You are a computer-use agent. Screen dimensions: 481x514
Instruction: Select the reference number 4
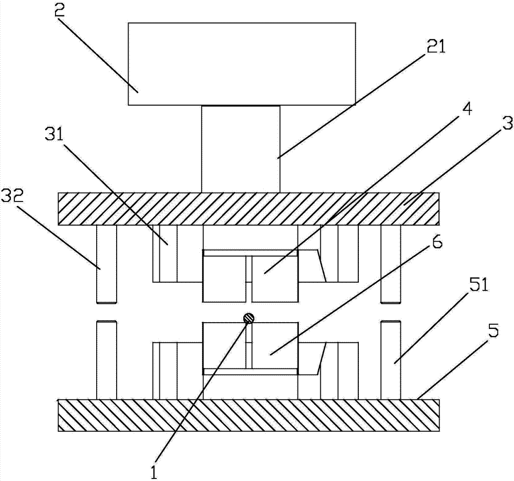point(467,110)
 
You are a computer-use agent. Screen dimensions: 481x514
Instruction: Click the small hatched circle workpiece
point(249,319)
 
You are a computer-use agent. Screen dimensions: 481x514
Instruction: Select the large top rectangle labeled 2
point(242,64)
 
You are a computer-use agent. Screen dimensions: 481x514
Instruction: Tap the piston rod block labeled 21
point(241,149)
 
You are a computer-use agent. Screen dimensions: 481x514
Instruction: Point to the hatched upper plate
point(248,209)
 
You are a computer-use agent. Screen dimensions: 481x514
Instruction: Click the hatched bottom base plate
point(248,415)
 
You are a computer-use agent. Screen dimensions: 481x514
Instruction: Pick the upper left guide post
point(106,264)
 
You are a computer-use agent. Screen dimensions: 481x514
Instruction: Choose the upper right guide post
point(390,264)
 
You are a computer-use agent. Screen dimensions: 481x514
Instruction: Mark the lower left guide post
point(106,359)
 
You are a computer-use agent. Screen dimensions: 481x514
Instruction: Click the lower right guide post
point(390,359)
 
